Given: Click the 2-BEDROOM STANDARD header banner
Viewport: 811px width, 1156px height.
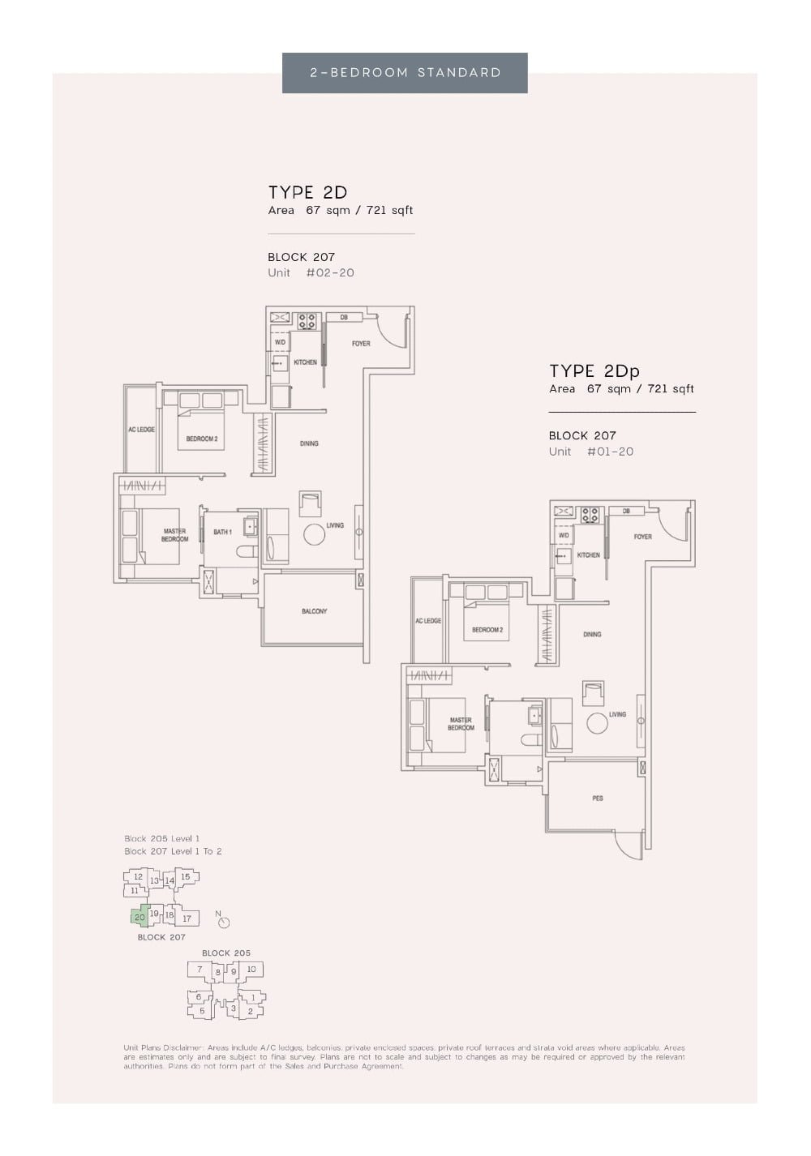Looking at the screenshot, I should (x=405, y=73).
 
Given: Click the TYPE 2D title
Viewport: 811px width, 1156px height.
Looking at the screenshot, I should (x=307, y=192).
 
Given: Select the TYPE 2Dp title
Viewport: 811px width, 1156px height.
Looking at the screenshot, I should (x=594, y=371).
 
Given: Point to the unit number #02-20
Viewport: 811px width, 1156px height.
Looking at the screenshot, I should (x=330, y=273).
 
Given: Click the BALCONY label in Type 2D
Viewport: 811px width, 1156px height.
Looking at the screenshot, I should (x=314, y=611).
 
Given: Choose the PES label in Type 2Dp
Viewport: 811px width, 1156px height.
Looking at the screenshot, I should (x=598, y=798).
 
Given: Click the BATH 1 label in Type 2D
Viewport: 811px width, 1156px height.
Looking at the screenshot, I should (x=222, y=532).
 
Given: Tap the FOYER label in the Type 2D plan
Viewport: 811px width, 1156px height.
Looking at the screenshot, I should (x=361, y=344).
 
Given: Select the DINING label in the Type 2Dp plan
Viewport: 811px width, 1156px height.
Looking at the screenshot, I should (x=592, y=634).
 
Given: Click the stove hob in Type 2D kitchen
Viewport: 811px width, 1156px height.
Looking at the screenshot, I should (x=307, y=321).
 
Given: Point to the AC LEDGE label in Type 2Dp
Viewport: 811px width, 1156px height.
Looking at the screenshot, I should (x=428, y=621).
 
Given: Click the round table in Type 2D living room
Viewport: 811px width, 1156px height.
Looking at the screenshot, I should (x=314, y=534).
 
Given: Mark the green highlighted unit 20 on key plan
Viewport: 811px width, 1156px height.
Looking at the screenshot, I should (x=139, y=917).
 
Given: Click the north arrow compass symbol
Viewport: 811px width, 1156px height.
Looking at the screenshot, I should (x=224, y=922).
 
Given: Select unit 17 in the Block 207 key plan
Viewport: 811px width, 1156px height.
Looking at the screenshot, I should (x=187, y=918).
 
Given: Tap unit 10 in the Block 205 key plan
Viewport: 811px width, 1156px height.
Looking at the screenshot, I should (x=251, y=970).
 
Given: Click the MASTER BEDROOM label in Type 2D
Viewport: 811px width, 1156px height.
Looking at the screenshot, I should (x=174, y=535).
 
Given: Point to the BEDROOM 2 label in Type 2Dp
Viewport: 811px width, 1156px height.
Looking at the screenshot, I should (x=487, y=630).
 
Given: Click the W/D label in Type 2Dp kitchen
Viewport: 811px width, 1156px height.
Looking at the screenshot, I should (x=564, y=535).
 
